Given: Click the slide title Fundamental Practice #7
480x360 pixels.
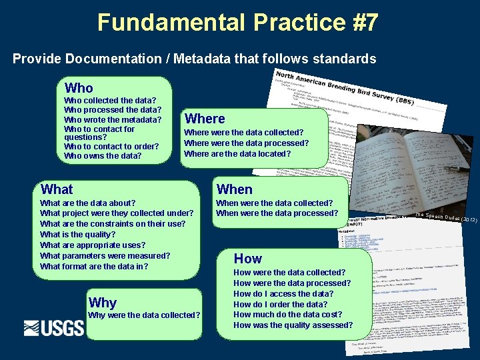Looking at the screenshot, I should (238, 22).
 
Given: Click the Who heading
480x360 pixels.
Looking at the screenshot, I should (79, 88).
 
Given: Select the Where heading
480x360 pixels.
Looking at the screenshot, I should (205, 119).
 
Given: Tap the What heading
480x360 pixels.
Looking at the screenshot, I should (57, 189).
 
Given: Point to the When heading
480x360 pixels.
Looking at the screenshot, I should (235, 189).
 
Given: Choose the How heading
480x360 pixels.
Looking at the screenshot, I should (247, 259).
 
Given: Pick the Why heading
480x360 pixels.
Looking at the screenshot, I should (102, 302).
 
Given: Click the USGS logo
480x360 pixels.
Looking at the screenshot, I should (54, 328).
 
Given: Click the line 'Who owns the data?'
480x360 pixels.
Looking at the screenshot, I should (103, 156).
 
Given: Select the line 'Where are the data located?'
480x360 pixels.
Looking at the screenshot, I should (237, 153).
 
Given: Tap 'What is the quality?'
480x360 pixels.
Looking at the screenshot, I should (78, 235).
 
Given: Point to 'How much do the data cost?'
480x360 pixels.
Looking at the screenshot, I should (288, 315).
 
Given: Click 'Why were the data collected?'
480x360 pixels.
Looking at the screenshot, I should (144, 315).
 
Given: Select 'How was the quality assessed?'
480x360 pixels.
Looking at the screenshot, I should (293, 325).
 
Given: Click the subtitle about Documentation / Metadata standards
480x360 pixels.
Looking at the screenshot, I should (195, 59).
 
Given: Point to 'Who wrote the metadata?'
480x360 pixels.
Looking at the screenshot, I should (113, 120).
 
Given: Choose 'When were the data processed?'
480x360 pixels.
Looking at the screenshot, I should (277, 213).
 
